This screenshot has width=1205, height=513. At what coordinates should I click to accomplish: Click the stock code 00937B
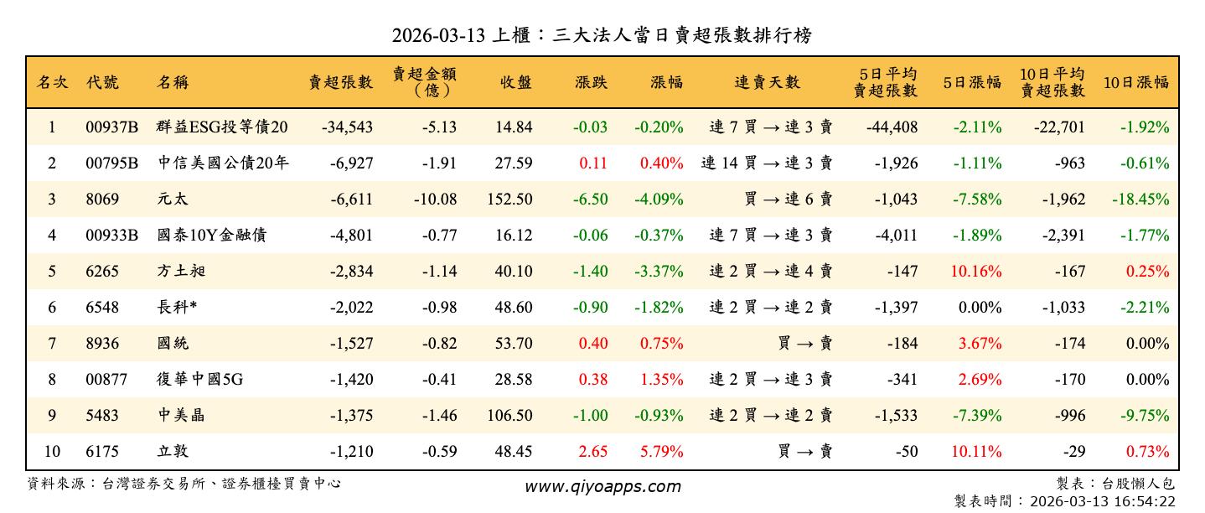click(111, 127)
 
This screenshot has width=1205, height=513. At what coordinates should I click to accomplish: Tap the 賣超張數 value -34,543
click(347, 127)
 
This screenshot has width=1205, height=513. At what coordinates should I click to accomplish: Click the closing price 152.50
click(509, 199)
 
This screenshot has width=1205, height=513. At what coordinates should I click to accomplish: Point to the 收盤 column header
click(516, 82)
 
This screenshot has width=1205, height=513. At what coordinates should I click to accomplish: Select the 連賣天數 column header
click(767, 82)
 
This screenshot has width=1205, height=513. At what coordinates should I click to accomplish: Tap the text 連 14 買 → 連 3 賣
click(767, 163)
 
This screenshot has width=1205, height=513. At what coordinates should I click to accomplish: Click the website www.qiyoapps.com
click(602, 486)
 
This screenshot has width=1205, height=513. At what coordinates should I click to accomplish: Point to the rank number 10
click(52, 452)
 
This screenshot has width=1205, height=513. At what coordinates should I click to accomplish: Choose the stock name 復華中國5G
click(199, 380)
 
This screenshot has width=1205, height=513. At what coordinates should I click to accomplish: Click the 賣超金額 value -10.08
click(435, 199)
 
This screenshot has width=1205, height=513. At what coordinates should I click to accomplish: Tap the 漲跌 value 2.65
click(593, 452)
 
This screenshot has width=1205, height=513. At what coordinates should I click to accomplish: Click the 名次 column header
click(52, 82)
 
